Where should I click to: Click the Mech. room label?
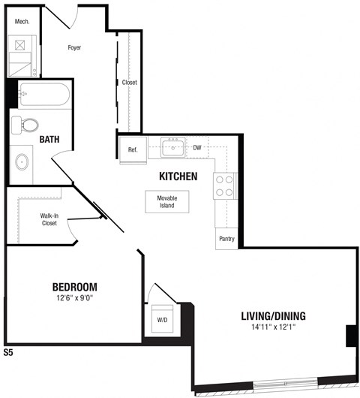pos(22,22)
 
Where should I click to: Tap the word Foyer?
pos(74,47)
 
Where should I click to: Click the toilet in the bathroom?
pos(29,125)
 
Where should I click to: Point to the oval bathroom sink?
pos(22,161)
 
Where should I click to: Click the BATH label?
pos(51,139)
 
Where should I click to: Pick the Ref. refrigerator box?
pos(133,150)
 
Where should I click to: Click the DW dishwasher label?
pos(197,148)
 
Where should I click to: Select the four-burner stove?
pos(225,185)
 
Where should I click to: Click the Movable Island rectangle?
pos(166,201)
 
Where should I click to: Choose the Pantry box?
pos(226,239)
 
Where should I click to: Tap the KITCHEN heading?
pos(178,176)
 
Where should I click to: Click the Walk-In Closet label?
pos(49,219)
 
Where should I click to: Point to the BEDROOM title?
pos(75,287)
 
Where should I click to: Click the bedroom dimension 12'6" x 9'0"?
pos(75,298)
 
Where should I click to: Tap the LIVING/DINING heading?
pos(273,315)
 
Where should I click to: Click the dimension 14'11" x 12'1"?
pos(273,327)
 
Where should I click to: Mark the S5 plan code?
pos(9,351)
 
